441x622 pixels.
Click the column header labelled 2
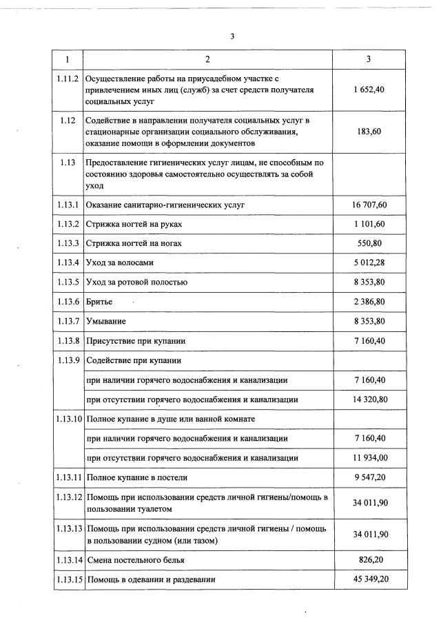[x=207, y=60]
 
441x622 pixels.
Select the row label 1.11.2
[x=68, y=79]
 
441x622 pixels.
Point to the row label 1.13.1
[x=68, y=205]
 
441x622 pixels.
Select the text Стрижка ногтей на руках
[x=134, y=225]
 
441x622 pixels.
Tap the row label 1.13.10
[x=68, y=419]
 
